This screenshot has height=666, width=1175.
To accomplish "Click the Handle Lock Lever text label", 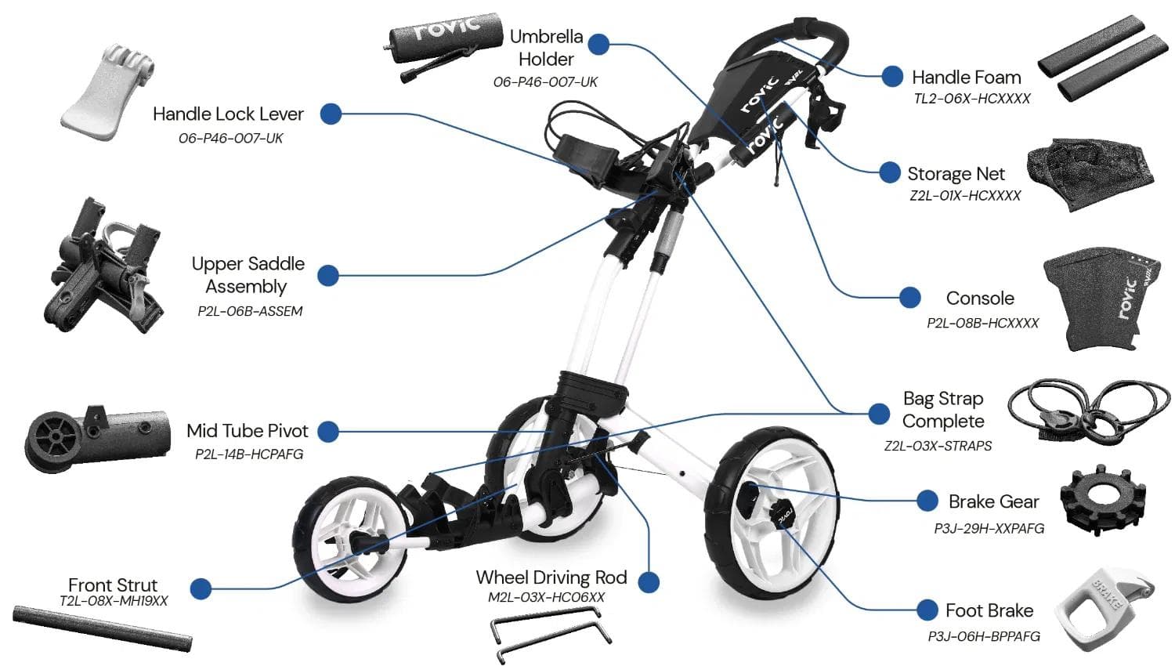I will (228, 114).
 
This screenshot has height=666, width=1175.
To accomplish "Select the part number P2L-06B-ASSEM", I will (250, 311).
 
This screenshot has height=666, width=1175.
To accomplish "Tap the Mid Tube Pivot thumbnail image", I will (97, 436).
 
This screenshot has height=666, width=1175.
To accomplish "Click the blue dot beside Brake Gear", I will (927, 501).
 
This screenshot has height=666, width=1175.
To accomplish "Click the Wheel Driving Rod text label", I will (551, 578).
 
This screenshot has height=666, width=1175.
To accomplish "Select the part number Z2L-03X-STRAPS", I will (938, 446).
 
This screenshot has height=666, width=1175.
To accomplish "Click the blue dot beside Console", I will (909, 298).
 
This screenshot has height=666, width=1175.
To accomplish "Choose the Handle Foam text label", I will (966, 78).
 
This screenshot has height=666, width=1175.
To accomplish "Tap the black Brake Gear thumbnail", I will (1104, 501).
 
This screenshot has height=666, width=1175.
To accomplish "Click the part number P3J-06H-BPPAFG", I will (984, 636).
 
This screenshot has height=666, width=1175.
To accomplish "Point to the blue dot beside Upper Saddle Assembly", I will (328, 275).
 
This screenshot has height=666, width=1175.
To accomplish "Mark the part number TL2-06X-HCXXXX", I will (971, 99).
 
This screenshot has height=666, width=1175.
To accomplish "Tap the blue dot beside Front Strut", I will (201, 588).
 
